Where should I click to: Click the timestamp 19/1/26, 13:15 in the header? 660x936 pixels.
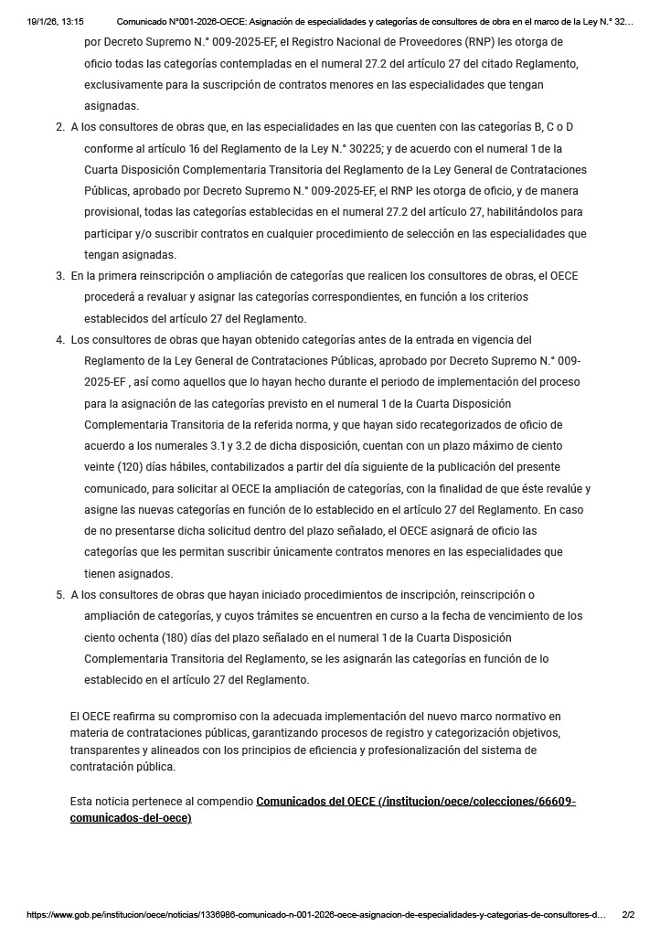pyautogui.click(x=56, y=20)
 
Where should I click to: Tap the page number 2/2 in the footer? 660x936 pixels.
pyautogui.click(x=628, y=914)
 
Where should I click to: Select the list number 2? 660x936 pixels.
pyautogui.click(x=60, y=127)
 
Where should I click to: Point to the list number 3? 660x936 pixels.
pyautogui.click(x=60, y=276)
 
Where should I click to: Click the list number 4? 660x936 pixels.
pyautogui.click(x=60, y=340)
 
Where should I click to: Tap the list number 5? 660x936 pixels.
pyautogui.click(x=60, y=595)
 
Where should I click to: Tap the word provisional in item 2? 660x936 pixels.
pyautogui.click(x=112, y=212)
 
